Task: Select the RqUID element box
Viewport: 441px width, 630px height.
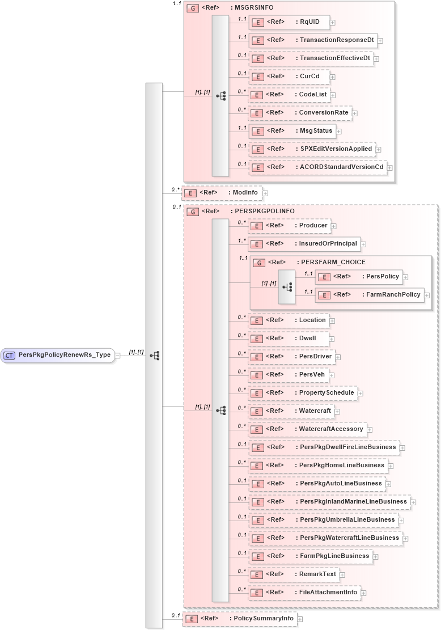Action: click(x=289, y=22)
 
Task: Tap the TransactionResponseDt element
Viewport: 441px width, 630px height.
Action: click(x=312, y=40)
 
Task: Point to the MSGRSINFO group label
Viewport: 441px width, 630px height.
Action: click(x=253, y=9)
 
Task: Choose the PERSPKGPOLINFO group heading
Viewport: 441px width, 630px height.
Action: click(x=264, y=211)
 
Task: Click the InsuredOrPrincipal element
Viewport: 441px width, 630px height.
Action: click(x=304, y=244)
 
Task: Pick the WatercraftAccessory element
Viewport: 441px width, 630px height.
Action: click(x=308, y=429)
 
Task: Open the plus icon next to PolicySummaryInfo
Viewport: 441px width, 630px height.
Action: click(x=300, y=619)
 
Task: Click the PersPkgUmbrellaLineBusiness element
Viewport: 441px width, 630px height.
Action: click(x=323, y=519)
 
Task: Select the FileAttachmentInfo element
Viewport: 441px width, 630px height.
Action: click(x=304, y=592)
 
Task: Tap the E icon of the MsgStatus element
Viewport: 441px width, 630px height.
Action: click(x=258, y=131)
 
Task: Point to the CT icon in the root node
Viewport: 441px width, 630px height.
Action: click(x=10, y=355)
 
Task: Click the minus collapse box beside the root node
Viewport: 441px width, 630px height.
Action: click(x=117, y=356)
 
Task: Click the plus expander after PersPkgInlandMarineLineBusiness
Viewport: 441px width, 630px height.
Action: click(x=414, y=502)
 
